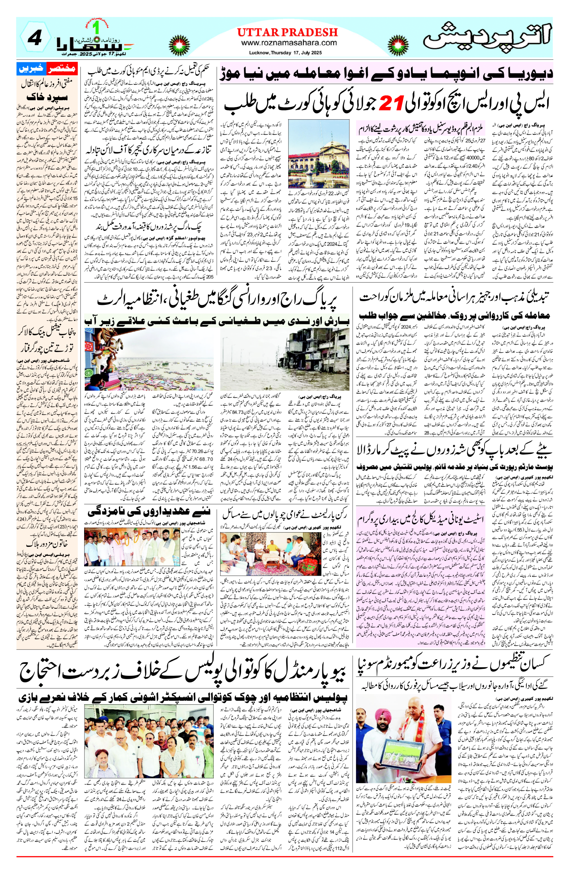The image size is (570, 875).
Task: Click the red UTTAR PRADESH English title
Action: pos(287,32)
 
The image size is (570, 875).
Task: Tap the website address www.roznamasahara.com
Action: pos(289,43)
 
